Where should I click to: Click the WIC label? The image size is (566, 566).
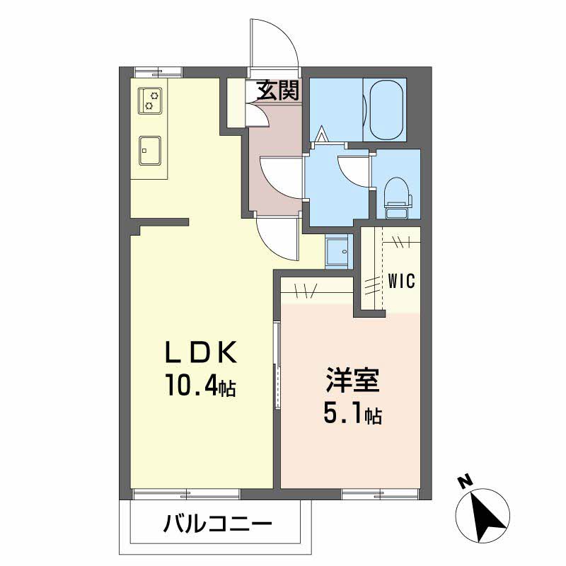[401, 280]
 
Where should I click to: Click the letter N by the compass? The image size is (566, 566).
[464, 483]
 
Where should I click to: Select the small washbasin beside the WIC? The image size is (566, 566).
[337, 250]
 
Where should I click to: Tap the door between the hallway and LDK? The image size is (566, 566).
[279, 240]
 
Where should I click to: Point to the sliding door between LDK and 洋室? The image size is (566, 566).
[277, 364]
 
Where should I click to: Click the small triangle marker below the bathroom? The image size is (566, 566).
[322, 133]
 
